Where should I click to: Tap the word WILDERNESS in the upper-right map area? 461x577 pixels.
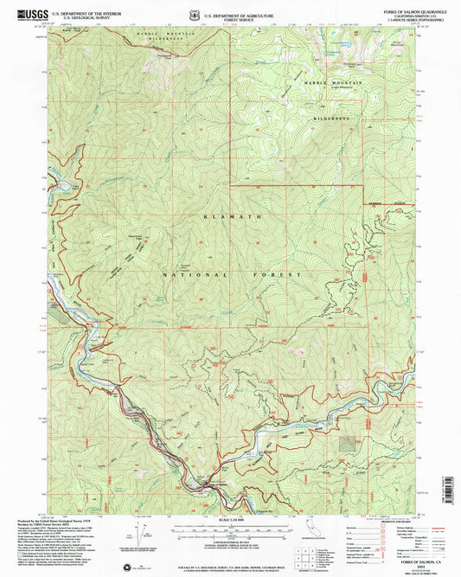pos(329,115)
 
